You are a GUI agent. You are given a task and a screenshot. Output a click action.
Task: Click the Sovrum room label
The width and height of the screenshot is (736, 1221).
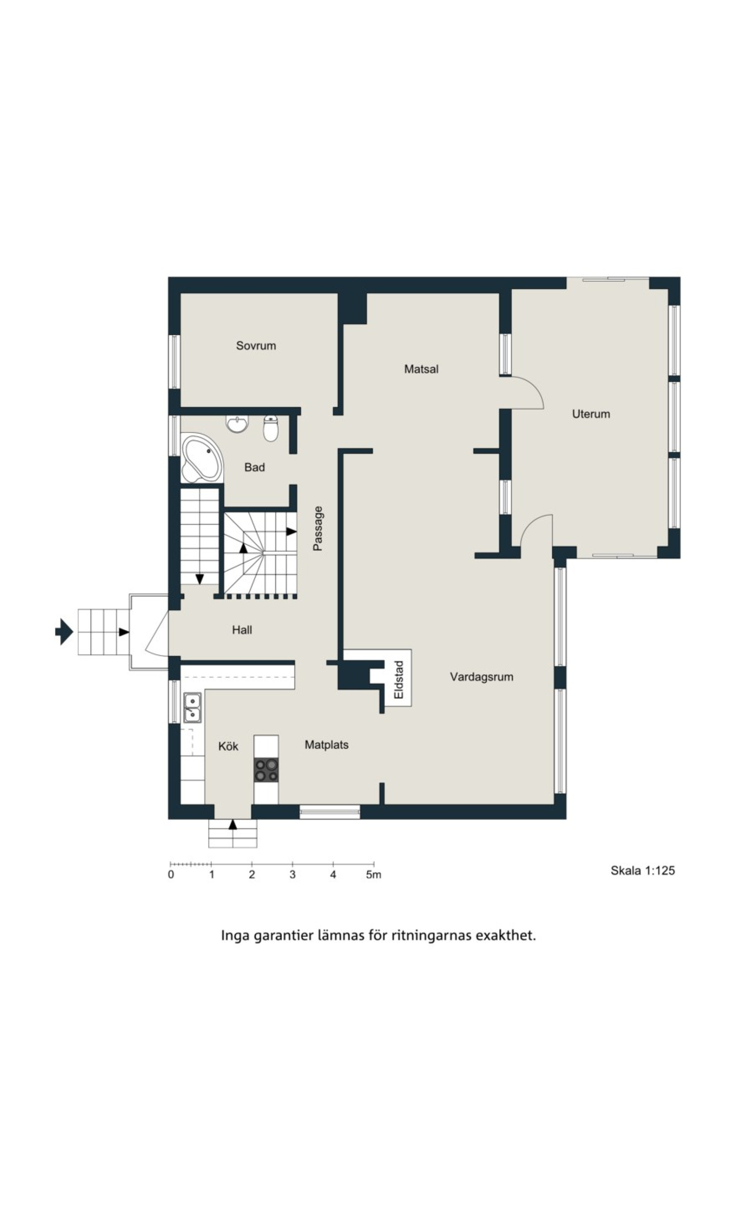[x=256, y=345]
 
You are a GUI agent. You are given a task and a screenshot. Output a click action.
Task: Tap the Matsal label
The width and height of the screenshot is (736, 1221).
[x=421, y=369]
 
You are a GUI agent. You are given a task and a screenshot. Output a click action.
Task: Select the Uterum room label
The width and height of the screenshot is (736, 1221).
[x=591, y=414]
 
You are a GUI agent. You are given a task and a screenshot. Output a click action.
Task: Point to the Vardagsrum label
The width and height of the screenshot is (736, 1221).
[x=481, y=677]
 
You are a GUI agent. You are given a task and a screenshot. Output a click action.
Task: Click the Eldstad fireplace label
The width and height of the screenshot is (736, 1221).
[x=399, y=680]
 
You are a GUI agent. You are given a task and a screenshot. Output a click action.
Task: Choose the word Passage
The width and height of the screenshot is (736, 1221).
[x=318, y=528]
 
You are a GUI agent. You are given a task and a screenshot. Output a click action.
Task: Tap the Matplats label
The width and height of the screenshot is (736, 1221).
[x=326, y=745]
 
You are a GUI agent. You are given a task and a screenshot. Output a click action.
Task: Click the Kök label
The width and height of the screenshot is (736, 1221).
[x=228, y=746]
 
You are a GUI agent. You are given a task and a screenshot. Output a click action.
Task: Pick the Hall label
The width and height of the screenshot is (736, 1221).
[x=242, y=630]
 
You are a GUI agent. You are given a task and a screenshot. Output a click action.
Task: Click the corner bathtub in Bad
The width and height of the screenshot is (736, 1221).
[x=201, y=458]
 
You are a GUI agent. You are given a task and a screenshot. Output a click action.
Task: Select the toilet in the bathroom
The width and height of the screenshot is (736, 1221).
[x=271, y=428]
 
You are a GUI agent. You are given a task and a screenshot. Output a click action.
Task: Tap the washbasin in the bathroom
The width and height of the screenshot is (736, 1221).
[x=238, y=424]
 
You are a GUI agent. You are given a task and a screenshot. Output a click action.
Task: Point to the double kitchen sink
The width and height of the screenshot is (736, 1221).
[x=192, y=708]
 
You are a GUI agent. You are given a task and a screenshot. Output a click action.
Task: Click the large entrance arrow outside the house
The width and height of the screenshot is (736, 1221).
[x=64, y=632]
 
